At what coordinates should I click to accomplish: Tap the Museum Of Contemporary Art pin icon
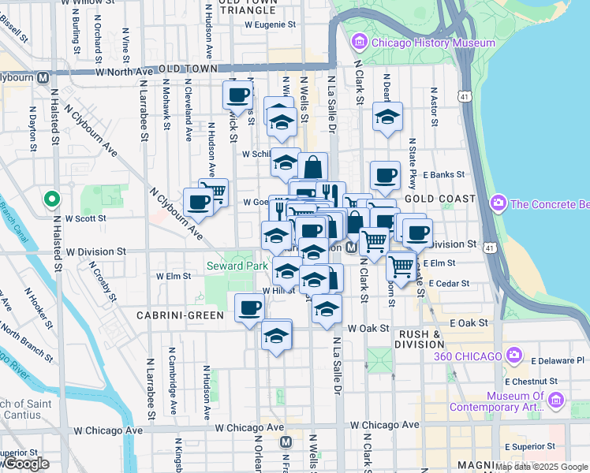tap(558, 401)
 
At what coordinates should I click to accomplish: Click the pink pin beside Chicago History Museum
tap(360, 41)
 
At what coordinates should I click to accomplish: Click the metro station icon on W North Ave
tap(43, 77)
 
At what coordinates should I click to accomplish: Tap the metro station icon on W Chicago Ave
tap(286, 442)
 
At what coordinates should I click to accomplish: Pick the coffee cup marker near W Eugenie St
tap(237, 96)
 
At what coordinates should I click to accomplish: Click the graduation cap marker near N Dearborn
tap(386, 117)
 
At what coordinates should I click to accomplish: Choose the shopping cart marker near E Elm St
tap(401, 266)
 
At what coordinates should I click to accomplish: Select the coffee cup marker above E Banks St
tap(385, 175)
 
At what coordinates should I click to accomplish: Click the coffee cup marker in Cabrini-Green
tap(250, 307)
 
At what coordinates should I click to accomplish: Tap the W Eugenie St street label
tap(269, 24)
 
